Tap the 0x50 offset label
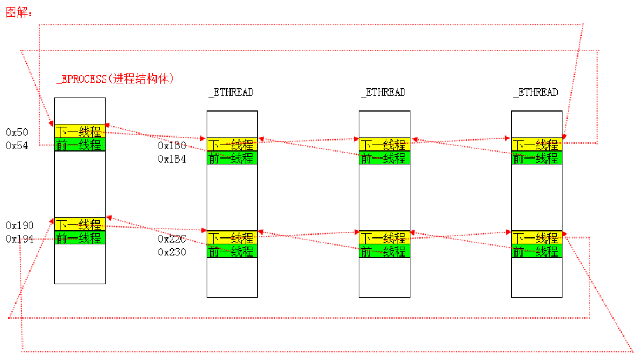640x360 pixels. point(17,132)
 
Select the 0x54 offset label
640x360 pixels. point(17,145)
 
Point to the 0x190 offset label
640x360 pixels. point(19,226)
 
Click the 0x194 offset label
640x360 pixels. point(19,239)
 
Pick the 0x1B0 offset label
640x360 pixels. point(171,145)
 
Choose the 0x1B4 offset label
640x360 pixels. point(171,159)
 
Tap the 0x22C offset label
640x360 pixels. point(171,239)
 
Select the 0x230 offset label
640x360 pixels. point(171,252)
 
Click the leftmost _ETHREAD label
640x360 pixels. point(231,92)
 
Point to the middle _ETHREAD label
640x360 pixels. point(383,92)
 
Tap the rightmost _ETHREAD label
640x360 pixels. point(535,92)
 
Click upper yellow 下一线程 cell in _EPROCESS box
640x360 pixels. point(80,131)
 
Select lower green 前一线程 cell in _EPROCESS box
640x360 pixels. point(80,238)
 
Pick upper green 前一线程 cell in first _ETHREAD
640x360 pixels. point(232,157)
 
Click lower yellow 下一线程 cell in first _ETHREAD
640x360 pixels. point(232,237)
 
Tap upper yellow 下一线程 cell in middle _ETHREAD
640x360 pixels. point(385,144)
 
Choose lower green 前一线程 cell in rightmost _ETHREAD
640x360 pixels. point(537,251)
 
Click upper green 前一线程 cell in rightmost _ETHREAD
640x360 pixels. point(537,157)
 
